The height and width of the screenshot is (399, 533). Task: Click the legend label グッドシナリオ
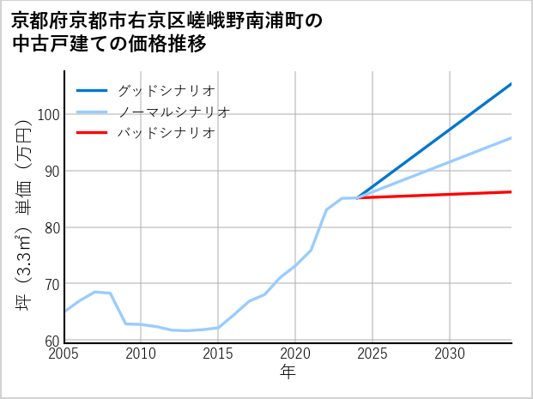click(x=166, y=90)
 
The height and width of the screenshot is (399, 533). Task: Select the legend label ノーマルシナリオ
click(x=173, y=112)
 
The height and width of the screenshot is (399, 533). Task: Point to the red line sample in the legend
click(x=93, y=133)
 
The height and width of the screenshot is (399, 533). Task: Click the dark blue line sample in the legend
click(x=93, y=90)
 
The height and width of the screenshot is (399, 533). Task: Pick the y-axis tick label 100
click(x=48, y=115)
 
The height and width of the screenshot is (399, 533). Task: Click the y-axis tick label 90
click(x=51, y=172)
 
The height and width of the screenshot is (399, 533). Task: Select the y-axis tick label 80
click(x=51, y=228)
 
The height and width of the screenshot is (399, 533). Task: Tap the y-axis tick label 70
click(x=51, y=284)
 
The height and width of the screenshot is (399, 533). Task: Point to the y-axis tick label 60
click(x=51, y=341)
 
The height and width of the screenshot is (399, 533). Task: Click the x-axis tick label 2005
click(x=64, y=354)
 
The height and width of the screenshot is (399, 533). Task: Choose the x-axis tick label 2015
click(x=218, y=354)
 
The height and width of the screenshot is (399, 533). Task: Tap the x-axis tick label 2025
click(x=372, y=354)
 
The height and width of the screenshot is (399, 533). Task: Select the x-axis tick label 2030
click(x=450, y=354)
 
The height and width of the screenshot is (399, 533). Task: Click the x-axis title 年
click(x=288, y=372)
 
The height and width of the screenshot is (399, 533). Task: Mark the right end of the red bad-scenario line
click(x=512, y=191)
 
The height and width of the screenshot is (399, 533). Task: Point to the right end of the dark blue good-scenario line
click(x=512, y=84)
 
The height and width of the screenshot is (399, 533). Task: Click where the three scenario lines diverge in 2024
click(x=357, y=198)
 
